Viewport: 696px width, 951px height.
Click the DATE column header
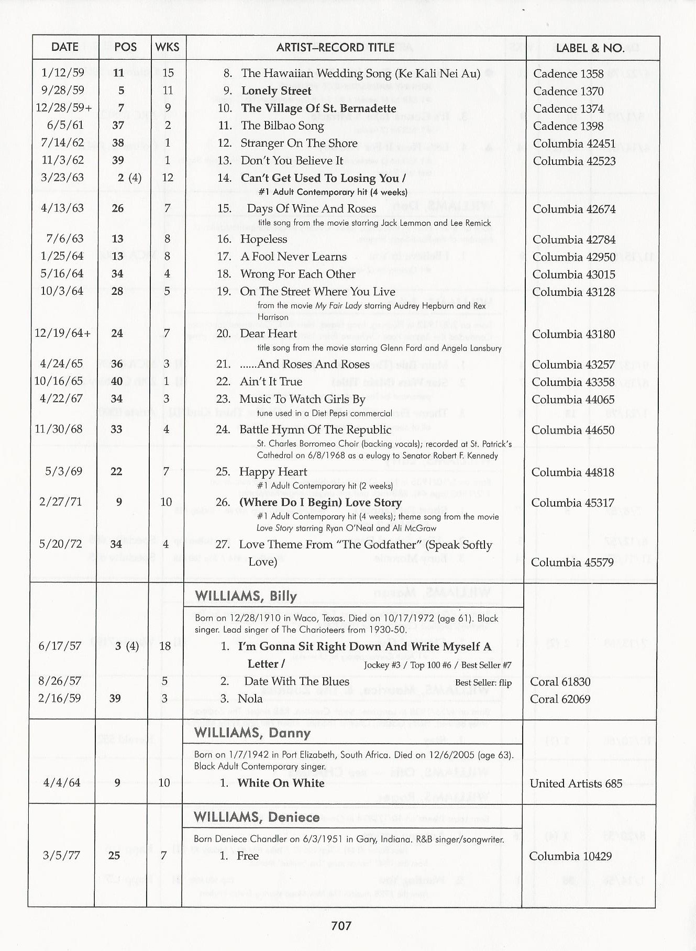64,47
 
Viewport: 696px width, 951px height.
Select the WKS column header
167,47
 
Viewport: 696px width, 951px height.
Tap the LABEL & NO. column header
590,48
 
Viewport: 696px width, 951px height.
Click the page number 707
341,925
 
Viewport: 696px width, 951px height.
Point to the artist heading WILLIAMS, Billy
246,596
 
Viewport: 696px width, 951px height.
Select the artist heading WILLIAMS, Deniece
257,817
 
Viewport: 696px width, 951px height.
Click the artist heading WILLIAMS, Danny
252,733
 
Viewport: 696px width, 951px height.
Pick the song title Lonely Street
276,91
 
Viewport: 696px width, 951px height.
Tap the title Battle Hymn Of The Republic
315,430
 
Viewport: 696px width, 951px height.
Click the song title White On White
281,783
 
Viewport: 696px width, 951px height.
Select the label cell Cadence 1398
568,126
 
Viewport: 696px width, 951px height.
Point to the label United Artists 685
576,783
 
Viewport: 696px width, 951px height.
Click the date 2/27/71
61,502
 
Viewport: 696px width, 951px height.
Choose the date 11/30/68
59,429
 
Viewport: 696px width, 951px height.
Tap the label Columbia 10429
570,856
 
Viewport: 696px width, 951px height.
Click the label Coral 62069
560,699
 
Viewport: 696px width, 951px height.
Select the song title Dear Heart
268,334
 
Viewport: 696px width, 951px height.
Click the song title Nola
250,699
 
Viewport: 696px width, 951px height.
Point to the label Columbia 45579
572,562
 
